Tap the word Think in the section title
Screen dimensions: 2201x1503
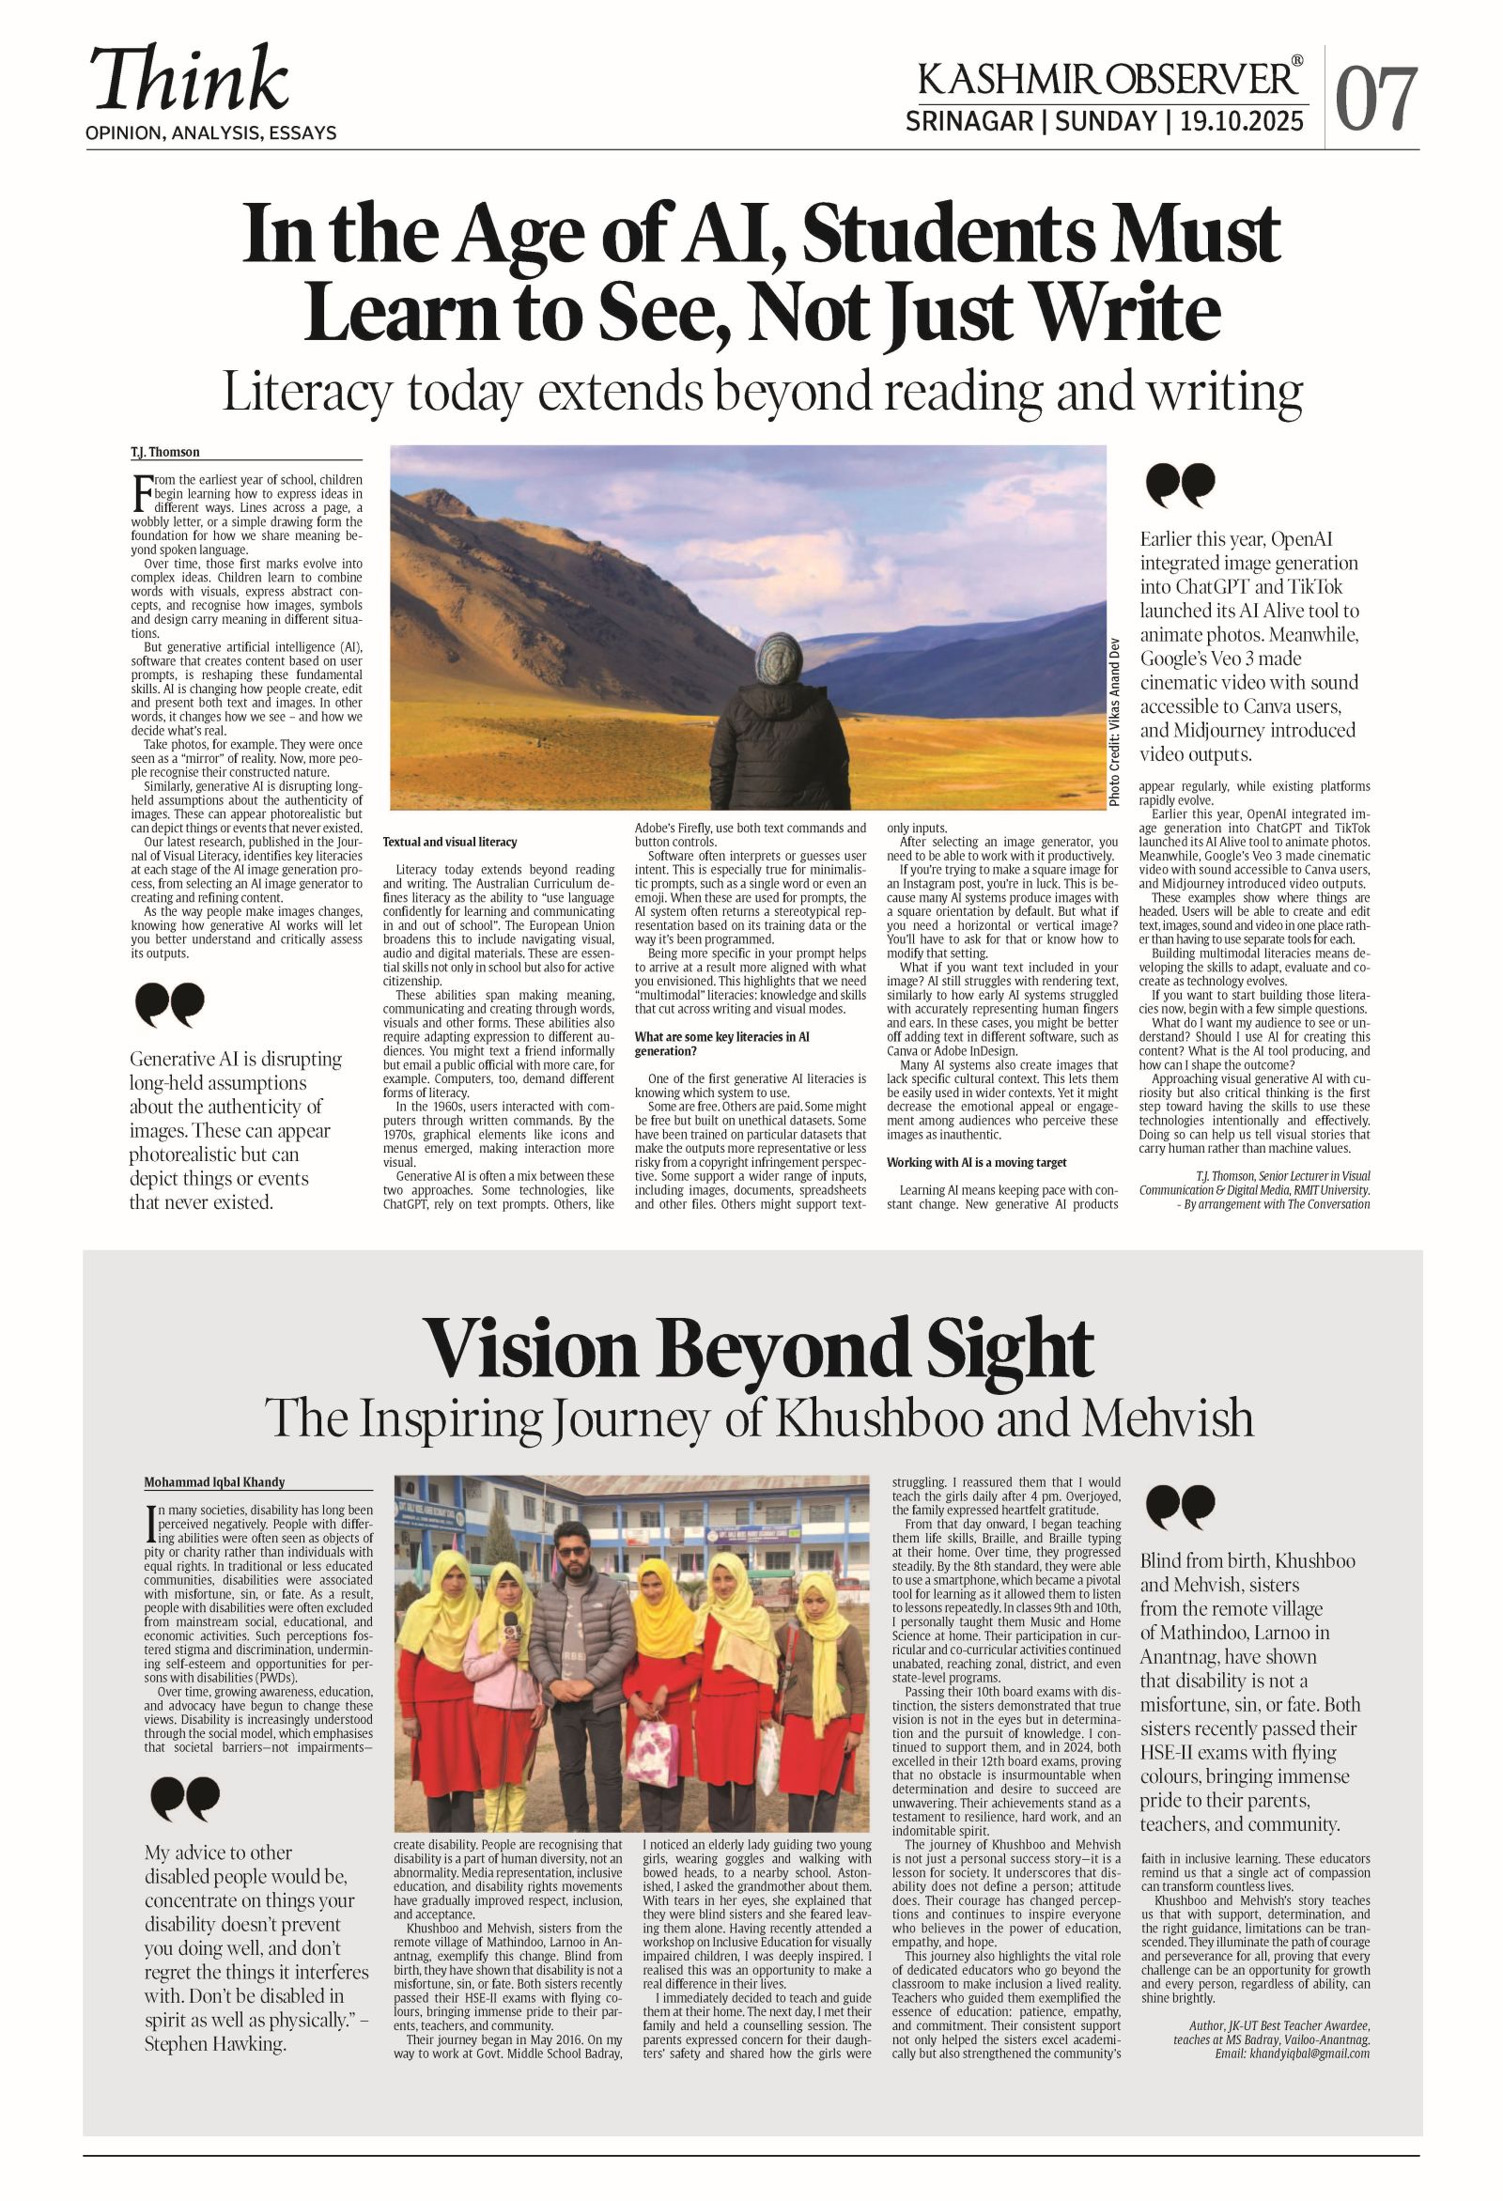click(x=190, y=80)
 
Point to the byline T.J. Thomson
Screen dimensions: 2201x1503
click(x=165, y=453)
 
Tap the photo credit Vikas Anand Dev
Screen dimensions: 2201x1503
click(x=1115, y=721)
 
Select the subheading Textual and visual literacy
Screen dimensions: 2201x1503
click(x=450, y=842)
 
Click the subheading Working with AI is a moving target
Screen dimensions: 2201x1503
click(x=976, y=1162)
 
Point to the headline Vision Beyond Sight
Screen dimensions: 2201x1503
click(x=758, y=1349)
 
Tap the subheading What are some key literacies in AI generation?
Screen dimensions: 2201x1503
click(x=721, y=1044)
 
